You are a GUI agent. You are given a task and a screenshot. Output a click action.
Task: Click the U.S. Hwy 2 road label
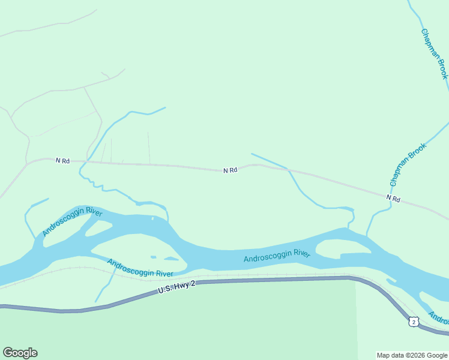pyautogui.click(x=177, y=287)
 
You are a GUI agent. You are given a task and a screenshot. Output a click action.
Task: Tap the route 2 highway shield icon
pyautogui.click(x=412, y=322)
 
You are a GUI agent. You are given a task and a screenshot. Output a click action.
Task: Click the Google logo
pyautogui.click(x=20, y=353)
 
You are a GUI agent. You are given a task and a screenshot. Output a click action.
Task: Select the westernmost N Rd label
pyautogui.click(x=62, y=161)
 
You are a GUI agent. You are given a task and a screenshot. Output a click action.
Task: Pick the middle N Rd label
pyautogui.click(x=231, y=170)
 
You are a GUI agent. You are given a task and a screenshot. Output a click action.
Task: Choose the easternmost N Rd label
pyautogui.click(x=393, y=197)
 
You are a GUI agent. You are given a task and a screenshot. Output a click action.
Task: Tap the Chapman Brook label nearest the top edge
pyautogui.click(x=435, y=53)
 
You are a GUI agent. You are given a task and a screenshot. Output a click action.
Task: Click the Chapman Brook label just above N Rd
pyautogui.click(x=408, y=163)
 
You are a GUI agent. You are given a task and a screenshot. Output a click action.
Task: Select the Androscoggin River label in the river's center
pyautogui.click(x=277, y=256)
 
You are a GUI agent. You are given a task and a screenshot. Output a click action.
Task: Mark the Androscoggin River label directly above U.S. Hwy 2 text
pyautogui.click(x=140, y=268)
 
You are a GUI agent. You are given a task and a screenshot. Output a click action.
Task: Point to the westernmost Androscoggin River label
pyautogui.click(x=72, y=221)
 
